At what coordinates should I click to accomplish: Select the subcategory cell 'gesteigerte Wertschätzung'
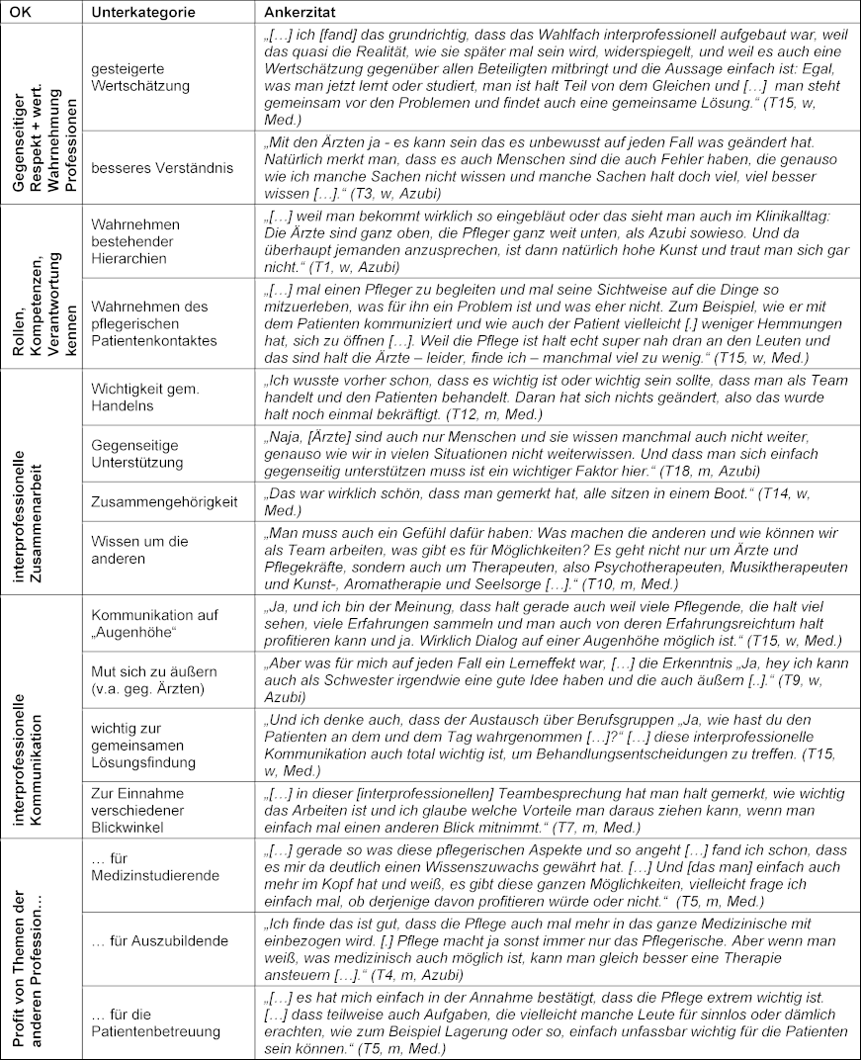click(139, 78)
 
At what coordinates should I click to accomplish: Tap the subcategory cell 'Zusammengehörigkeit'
click(164, 501)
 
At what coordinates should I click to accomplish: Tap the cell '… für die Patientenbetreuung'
click(155, 1023)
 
